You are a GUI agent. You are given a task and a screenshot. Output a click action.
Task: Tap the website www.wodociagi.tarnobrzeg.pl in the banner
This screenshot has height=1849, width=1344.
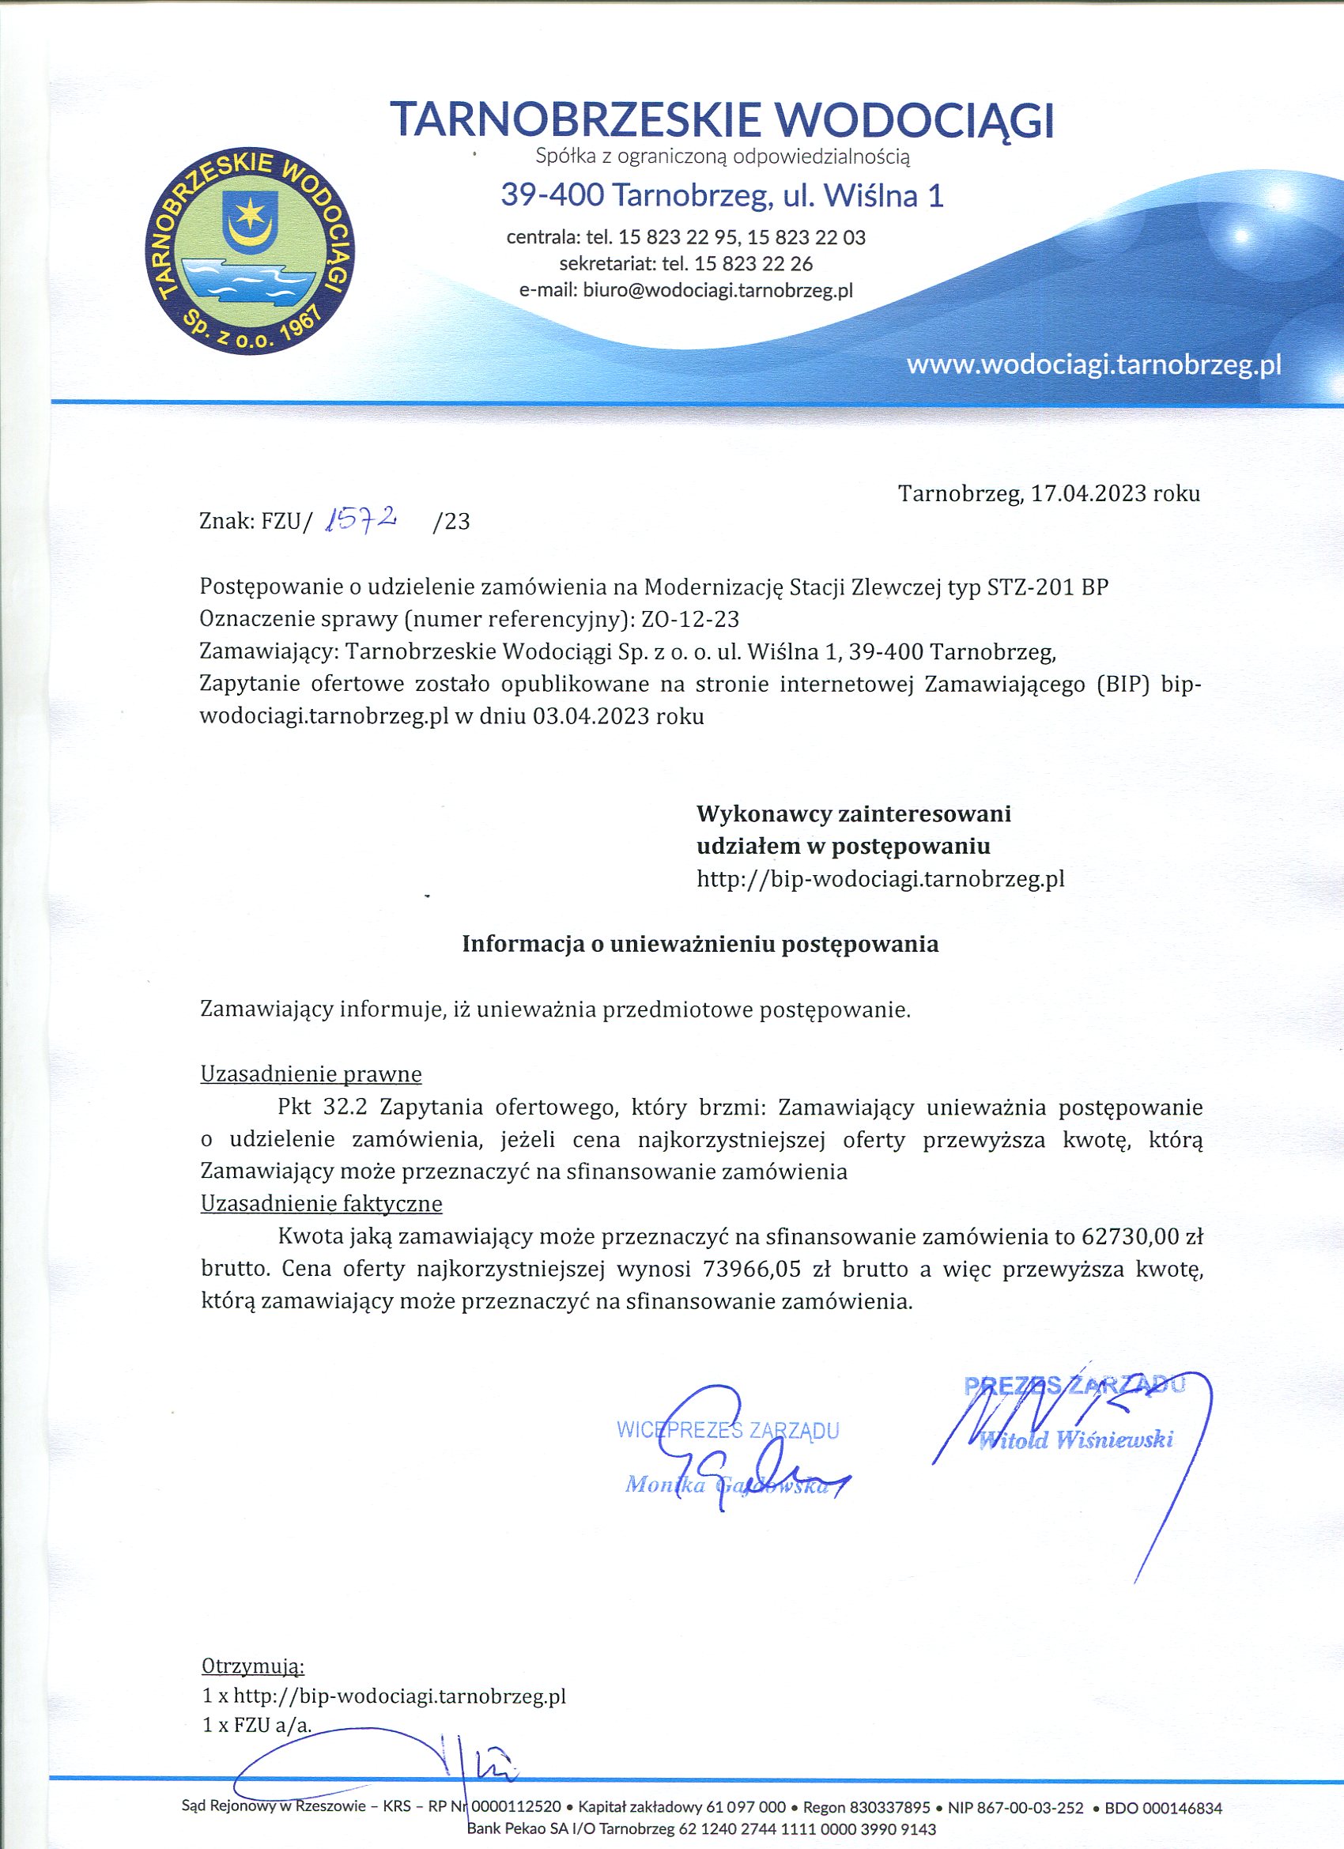tap(1093, 364)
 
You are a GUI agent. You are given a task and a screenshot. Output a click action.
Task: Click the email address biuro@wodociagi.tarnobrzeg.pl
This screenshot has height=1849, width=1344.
tap(718, 290)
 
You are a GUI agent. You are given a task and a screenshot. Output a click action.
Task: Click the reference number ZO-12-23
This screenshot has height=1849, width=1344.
tap(690, 620)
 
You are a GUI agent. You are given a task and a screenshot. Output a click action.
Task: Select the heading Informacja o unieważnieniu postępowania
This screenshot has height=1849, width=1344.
tap(700, 944)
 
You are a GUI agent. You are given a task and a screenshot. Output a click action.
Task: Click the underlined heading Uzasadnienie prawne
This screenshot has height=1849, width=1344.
tap(311, 1074)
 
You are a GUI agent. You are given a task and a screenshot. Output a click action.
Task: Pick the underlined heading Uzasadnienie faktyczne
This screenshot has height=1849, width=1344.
tap(321, 1203)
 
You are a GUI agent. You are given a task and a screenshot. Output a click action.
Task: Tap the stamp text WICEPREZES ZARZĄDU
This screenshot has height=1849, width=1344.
tap(727, 1430)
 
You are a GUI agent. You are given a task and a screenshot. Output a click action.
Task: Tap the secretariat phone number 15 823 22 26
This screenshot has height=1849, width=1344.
tap(753, 263)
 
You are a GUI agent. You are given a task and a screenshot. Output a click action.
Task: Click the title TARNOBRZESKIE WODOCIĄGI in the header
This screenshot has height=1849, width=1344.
tap(722, 119)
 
